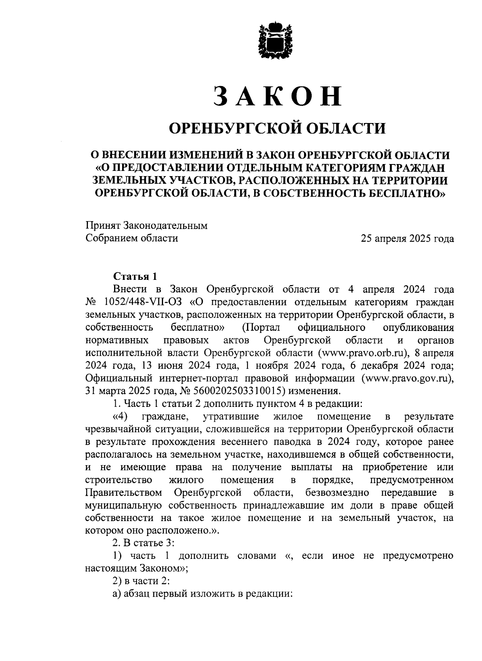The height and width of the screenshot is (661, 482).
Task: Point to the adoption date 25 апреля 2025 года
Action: (407, 239)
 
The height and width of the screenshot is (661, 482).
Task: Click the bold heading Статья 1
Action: (135, 276)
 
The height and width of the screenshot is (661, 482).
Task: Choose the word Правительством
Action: (124, 493)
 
